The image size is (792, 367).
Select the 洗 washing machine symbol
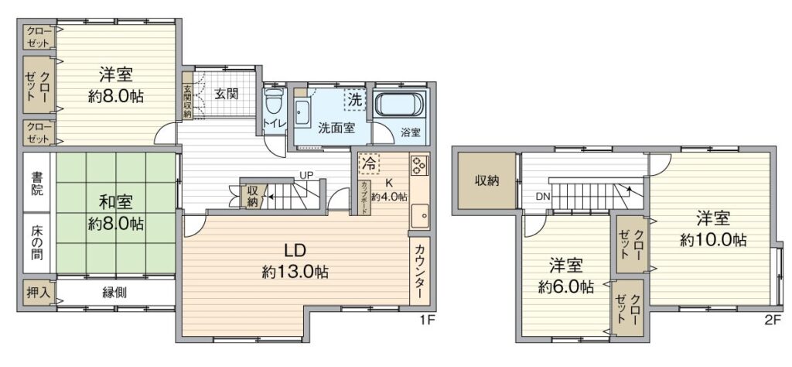[x=354, y=100]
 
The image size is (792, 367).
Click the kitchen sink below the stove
[x=419, y=217]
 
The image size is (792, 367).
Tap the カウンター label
[x=420, y=271]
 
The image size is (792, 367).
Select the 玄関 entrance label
[x=226, y=94]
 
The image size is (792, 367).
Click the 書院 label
[x=37, y=184]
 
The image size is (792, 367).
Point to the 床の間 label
[x=37, y=242]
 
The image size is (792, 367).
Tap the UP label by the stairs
[x=306, y=176]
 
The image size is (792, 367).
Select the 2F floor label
[x=773, y=320]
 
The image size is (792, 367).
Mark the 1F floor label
[x=427, y=320]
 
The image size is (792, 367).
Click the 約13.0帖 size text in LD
[x=295, y=273]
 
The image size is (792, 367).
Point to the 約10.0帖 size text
[x=713, y=239]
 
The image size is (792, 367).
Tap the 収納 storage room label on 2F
[x=487, y=181]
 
